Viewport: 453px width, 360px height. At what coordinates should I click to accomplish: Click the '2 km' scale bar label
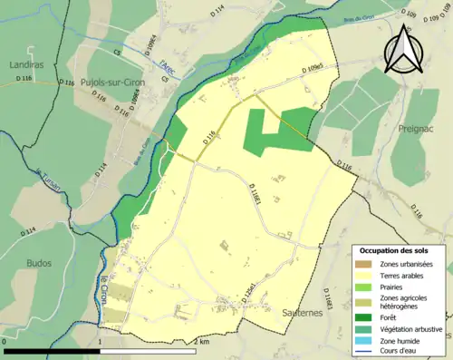click(201, 341)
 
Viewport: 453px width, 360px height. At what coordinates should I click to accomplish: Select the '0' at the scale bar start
click(5, 341)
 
